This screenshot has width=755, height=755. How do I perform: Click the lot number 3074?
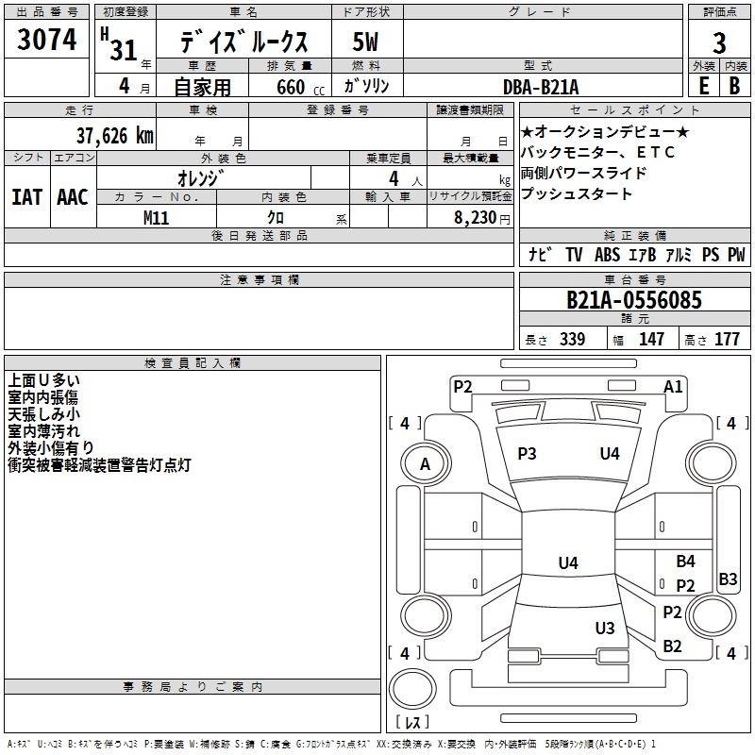(x=47, y=41)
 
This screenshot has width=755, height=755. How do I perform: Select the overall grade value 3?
(x=719, y=43)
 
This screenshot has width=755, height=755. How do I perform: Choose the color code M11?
(x=157, y=217)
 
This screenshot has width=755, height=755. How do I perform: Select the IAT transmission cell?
(x=27, y=196)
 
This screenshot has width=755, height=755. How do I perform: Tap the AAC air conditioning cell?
(x=72, y=196)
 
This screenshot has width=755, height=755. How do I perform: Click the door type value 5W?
(x=366, y=43)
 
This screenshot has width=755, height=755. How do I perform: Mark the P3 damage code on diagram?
(x=527, y=454)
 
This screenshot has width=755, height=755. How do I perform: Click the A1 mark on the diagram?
(x=673, y=386)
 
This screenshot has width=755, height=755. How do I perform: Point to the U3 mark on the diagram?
(x=605, y=629)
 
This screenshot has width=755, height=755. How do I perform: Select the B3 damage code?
(x=728, y=579)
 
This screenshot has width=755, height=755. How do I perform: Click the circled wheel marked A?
(x=425, y=463)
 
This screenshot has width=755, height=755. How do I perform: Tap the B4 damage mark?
(x=685, y=562)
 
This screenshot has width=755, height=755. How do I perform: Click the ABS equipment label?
(x=607, y=255)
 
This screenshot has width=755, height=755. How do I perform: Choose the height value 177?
(x=727, y=340)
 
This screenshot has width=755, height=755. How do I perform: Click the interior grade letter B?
(x=734, y=85)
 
